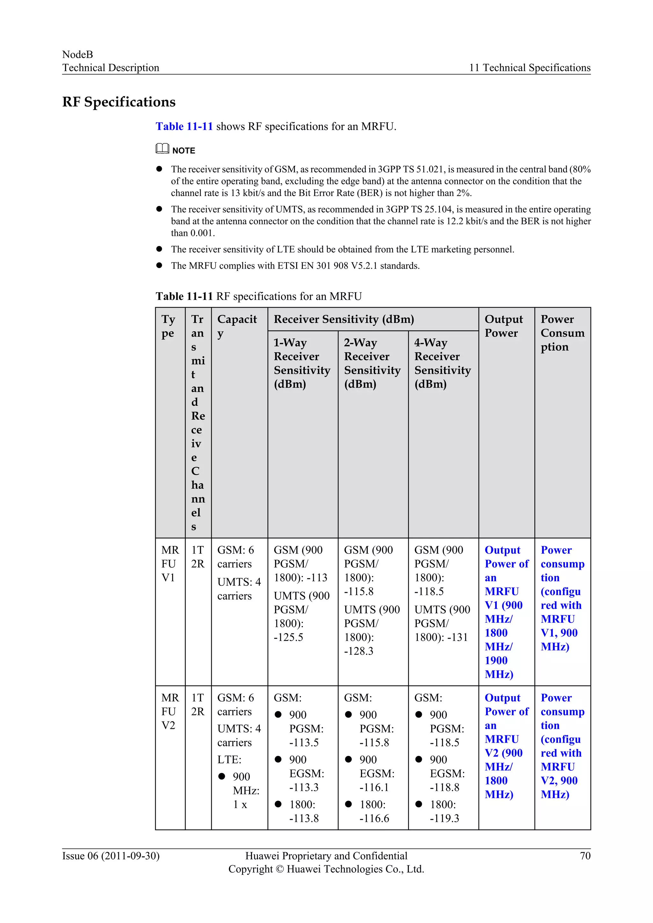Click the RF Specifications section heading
click(x=119, y=102)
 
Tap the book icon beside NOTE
click(x=162, y=149)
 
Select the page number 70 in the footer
click(x=585, y=855)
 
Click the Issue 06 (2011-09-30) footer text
click(x=111, y=855)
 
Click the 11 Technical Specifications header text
click(x=530, y=68)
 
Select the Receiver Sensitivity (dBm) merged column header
click(x=344, y=319)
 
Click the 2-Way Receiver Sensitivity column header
click(x=372, y=363)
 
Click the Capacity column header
click(x=237, y=326)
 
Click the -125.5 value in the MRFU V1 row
click(x=288, y=637)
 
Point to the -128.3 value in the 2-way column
click(x=359, y=651)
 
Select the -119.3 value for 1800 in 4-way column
click(x=444, y=818)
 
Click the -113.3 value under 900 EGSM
click(x=304, y=787)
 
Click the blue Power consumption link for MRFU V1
click(x=562, y=598)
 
